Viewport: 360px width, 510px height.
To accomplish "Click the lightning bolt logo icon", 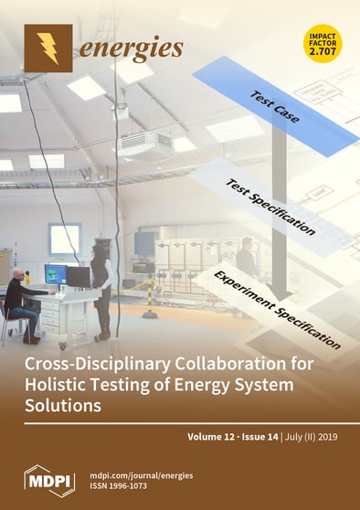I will pos(48,48).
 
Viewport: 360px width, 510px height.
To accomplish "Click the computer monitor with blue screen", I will pos(55,272).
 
